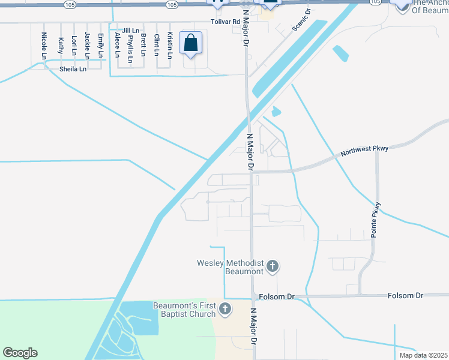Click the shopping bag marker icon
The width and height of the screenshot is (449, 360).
point(190,43)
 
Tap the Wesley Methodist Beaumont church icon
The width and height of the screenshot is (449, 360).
point(273,266)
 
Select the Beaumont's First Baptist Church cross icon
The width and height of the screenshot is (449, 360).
point(224,310)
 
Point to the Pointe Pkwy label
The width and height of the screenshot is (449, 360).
point(376,220)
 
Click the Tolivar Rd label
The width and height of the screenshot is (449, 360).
point(225,21)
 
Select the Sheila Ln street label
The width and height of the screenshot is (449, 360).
point(73,69)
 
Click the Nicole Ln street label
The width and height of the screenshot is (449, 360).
point(44,46)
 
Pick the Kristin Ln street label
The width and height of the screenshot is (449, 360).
point(170,44)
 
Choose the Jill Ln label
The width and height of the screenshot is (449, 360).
point(130,30)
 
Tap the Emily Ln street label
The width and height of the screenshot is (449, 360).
point(101,46)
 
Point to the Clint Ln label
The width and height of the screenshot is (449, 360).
point(157,44)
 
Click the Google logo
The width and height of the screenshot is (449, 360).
point(20,353)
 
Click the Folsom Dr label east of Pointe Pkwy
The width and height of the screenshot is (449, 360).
point(405,296)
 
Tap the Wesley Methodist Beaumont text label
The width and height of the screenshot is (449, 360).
point(230,267)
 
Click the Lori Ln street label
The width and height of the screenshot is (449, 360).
point(74,46)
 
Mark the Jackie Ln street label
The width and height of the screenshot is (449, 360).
point(88,46)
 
